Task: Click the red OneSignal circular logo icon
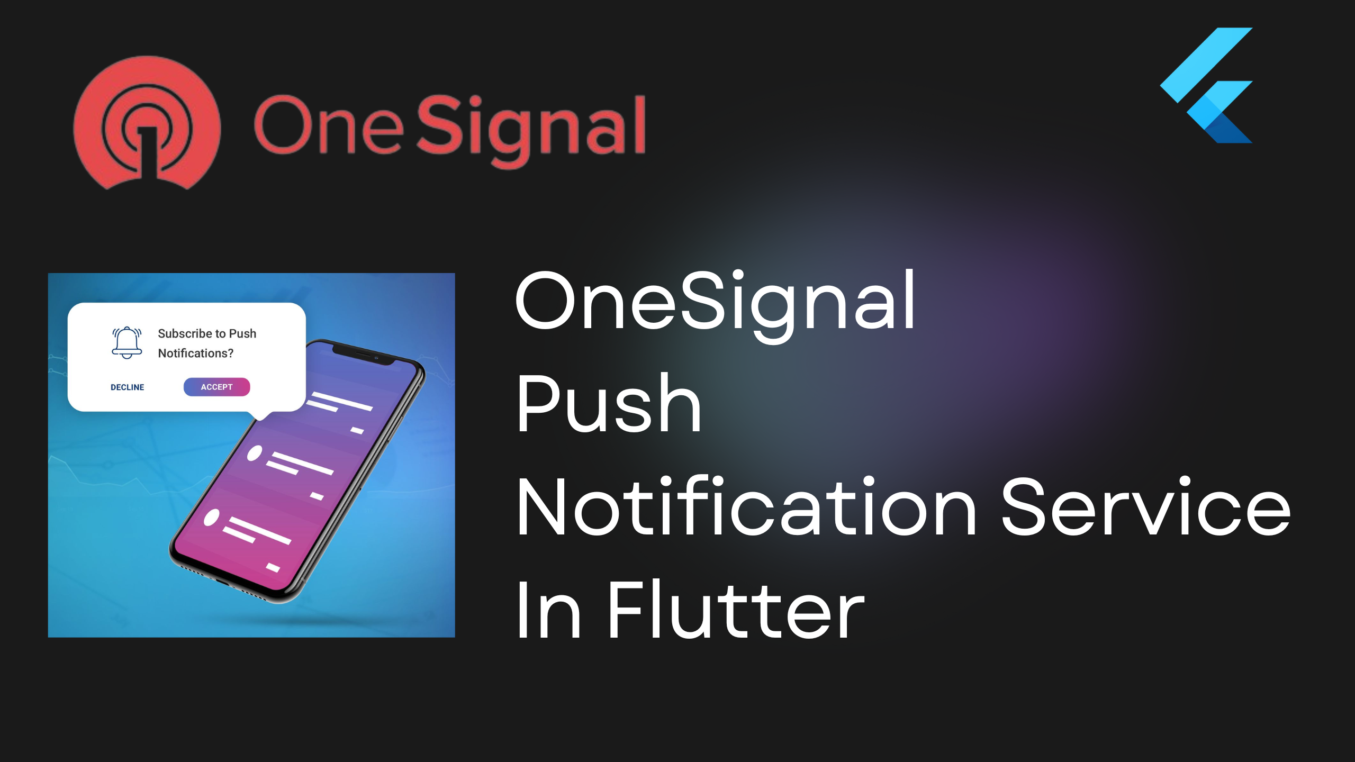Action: pyautogui.click(x=147, y=123)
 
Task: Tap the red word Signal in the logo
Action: pyautogui.click(x=531, y=131)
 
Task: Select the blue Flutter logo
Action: pyautogui.click(x=1206, y=85)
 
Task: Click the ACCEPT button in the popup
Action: pyautogui.click(x=216, y=387)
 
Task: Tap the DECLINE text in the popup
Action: pyautogui.click(x=127, y=387)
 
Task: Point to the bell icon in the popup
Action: pyautogui.click(x=127, y=343)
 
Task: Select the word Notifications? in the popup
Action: pyautogui.click(x=196, y=353)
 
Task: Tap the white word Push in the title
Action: pyautogui.click(x=609, y=403)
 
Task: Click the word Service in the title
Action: pyautogui.click(x=1146, y=505)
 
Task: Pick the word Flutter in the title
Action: pyautogui.click(x=736, y=609)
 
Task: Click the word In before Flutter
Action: pyautogui.click(x=549, y=609)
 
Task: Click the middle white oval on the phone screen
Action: pyautogui.click(x=255, y=453)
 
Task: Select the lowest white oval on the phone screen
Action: pyautogui.click(x=212, y=518)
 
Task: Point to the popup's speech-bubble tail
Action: pyautogui.click(x=260, y=414)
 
